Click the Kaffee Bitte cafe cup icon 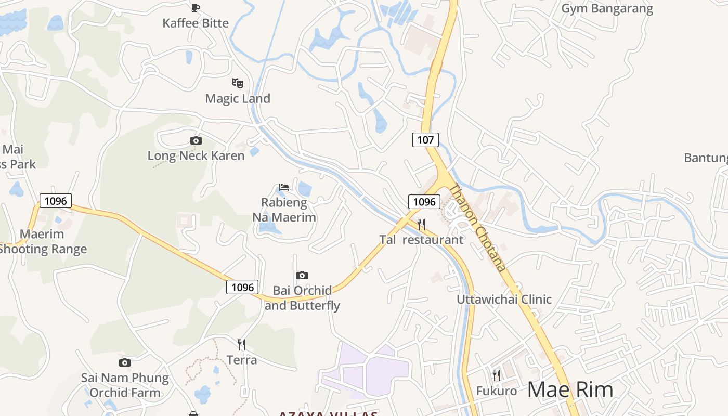tap(196, 7)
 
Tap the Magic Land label tap(238, 98)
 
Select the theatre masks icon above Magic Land tap(238, 83)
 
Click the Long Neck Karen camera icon tap(196, 140)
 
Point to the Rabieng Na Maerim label tap(284, 210)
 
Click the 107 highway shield tap(425, 139)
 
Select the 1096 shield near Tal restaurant tap(424, 202)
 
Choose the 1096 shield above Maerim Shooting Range tap(56, 201)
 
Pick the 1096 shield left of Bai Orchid tap(242, 287)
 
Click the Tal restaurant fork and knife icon tap(421, 225)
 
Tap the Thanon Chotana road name tap(477, 228)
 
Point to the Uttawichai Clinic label tap(504, 299)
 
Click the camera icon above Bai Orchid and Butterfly tap(302, 275)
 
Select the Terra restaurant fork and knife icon tap(242, 344)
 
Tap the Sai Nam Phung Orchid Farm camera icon tap(125, 362)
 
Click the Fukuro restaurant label tap(497, 391)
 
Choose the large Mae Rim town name tap(570, 389)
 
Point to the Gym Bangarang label tap(607, 8)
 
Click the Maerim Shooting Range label tap(43, 242)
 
